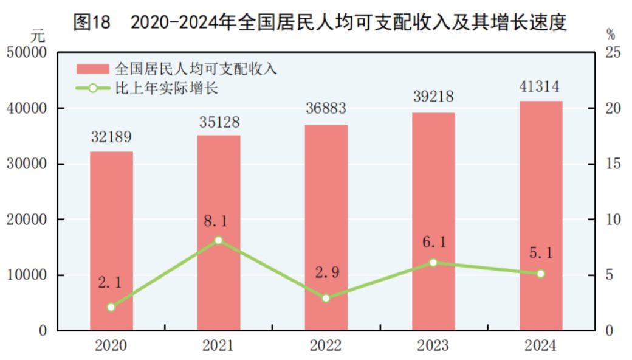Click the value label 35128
tap(219, 122)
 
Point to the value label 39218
tap(433, 97)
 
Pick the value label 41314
tap(540, 86)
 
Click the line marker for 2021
tap(219, 240)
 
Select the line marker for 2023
tap(433, 263)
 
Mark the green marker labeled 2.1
tap(111, 307)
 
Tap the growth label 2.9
tap(326, 272)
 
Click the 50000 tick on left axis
tap(26, 53)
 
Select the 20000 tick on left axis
tap(26, 220)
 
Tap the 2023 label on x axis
tap(433, 346)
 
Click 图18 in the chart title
tap(91, 22)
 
